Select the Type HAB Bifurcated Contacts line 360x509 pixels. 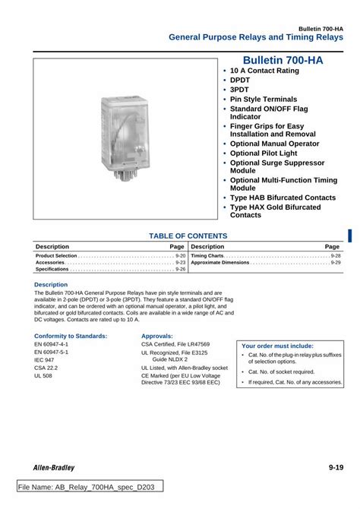pyautogui.click(x=283, y=198)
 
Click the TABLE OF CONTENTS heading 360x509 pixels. pyautogui.click(x=188, y=236)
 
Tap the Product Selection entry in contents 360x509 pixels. pyautogui.click(x=56, y=256)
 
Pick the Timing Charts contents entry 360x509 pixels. pyautogui.click(x=207, y=256)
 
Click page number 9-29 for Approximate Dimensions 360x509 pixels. pyautogui.click(x=335, y=263)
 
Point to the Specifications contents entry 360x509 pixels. pyautogui.click(x=52, y=269)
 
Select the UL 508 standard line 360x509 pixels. pyautogui.click(x=43, y=376)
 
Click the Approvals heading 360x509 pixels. pyautogui.click(x=156, y=335)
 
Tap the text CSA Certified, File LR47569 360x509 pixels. pyautogui.click(x=175, y=344)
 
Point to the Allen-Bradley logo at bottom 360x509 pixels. pyautogui.click(x=54, y=467)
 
